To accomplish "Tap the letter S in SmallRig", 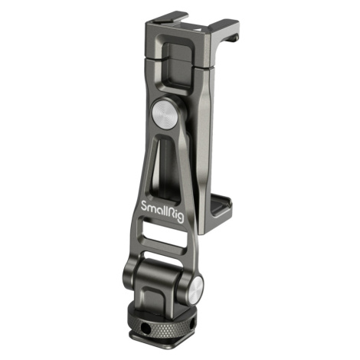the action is tap(144, 206).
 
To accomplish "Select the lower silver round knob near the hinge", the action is tap(197, 289).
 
